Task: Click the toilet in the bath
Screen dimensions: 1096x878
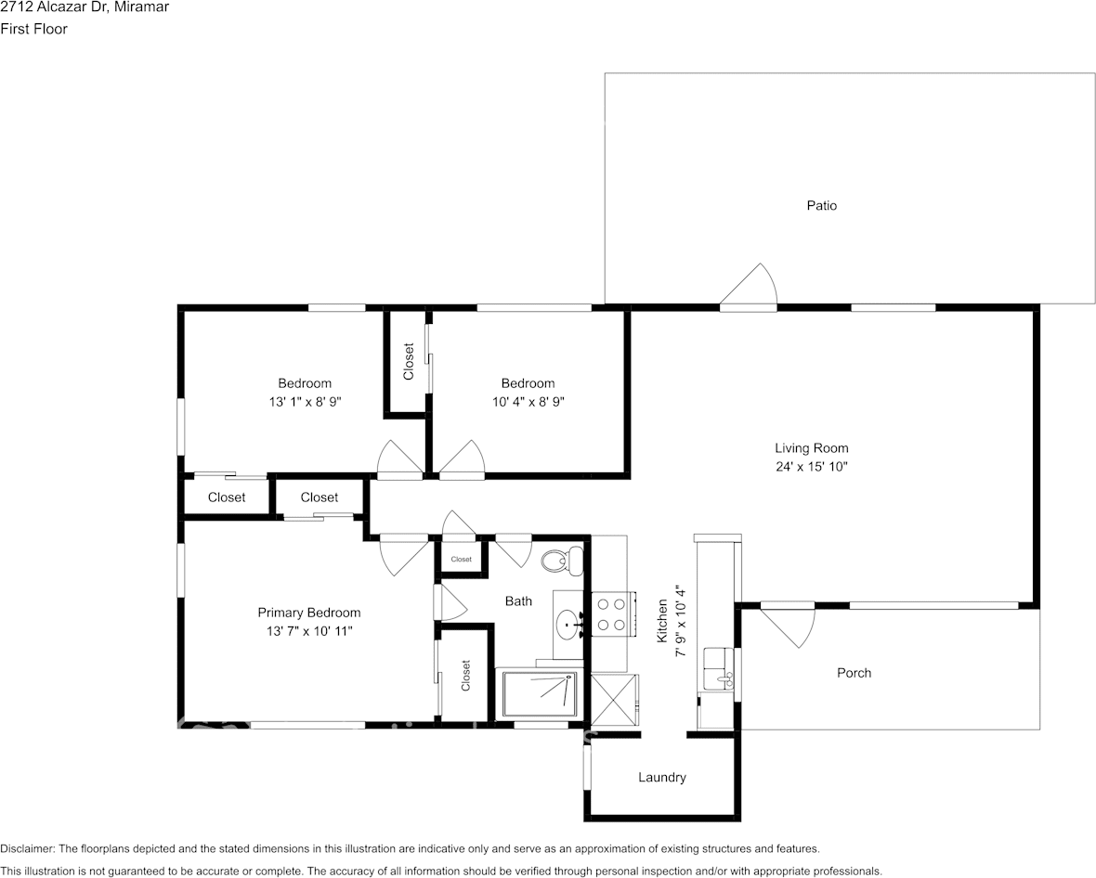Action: point(563,561)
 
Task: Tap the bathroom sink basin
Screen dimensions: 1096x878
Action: point(568,621)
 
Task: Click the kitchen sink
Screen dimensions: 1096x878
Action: point(717,668)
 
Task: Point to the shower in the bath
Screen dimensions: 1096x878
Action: point(537,693)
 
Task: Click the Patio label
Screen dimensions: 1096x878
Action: point(821,205)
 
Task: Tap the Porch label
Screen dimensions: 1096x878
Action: point(855,673)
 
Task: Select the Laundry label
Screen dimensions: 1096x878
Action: point(662,778)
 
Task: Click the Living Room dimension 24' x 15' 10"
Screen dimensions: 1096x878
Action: point(812,467)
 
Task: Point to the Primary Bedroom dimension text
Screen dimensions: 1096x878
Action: point(309,631)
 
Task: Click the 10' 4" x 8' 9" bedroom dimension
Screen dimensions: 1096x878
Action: point(528,402)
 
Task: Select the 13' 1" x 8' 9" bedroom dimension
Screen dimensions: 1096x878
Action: point(305,402)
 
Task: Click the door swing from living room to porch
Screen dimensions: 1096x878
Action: point(787,626)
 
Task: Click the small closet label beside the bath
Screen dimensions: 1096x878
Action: point(462,559)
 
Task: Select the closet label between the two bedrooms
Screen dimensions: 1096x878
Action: point(409,361)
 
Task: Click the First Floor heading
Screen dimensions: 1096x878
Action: point(33,29)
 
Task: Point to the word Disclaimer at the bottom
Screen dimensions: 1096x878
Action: point(27,848)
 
